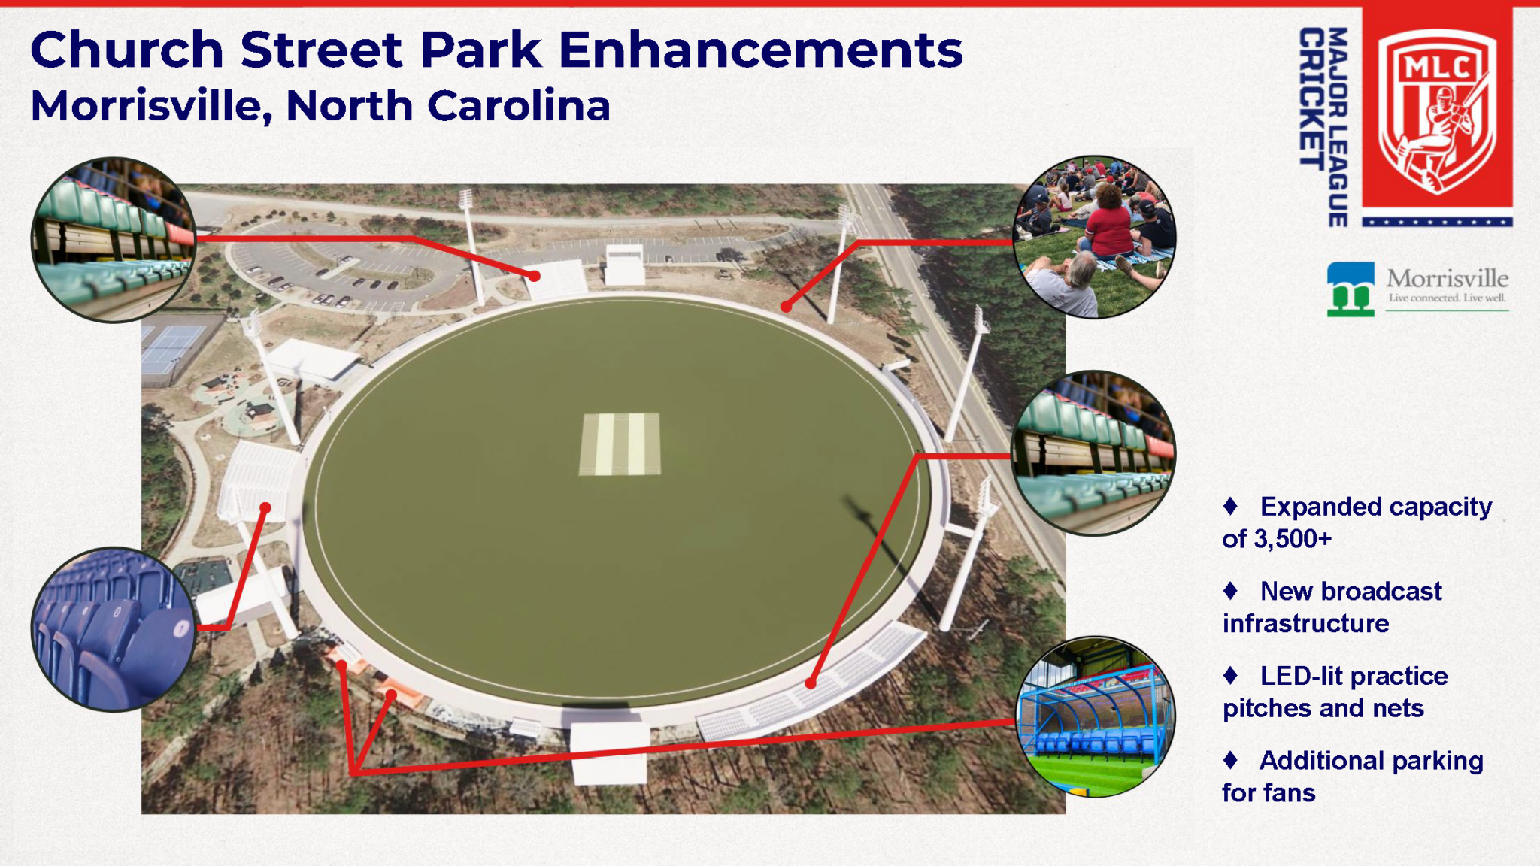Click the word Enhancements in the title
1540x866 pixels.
[760, 50]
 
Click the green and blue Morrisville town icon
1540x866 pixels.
[1351, 289]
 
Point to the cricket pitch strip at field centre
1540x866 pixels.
[620, 444]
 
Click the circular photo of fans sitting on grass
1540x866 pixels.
[1094, 237]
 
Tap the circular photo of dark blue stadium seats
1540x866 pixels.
[114, 629]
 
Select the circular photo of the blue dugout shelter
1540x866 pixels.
[1095, 716]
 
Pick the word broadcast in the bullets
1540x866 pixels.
[1388, 591]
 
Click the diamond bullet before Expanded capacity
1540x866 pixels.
[1230, 506]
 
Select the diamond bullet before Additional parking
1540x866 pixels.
[1230, 760]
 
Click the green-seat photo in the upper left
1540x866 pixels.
[114, 240]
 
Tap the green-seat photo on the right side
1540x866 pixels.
[1094, 453]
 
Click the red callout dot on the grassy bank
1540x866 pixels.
[786, 307]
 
